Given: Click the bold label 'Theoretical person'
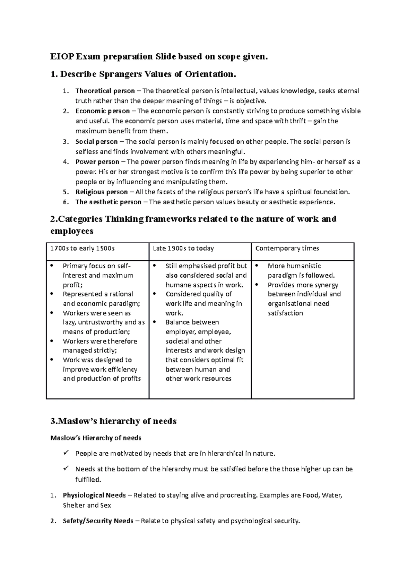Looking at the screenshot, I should point(105,91).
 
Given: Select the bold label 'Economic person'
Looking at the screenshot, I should point(103,111).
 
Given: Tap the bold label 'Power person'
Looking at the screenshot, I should point(97,162).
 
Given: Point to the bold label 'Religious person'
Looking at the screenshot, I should point(102,192).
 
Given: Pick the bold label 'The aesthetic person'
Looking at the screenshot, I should point(108,202).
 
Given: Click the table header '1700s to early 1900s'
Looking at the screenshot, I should point(83,249).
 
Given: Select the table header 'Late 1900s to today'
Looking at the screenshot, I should point(183,249).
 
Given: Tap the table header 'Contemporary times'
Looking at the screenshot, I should point(287,249).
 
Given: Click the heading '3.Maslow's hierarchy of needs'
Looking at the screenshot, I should point(113,421).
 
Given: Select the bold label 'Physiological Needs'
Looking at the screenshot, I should point(94,496).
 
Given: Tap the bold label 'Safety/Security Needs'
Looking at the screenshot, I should point(98,521).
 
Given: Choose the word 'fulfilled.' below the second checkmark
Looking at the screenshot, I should point(88,480).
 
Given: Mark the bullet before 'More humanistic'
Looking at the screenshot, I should point(257,266).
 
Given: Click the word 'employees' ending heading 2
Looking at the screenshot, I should point(72,231).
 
